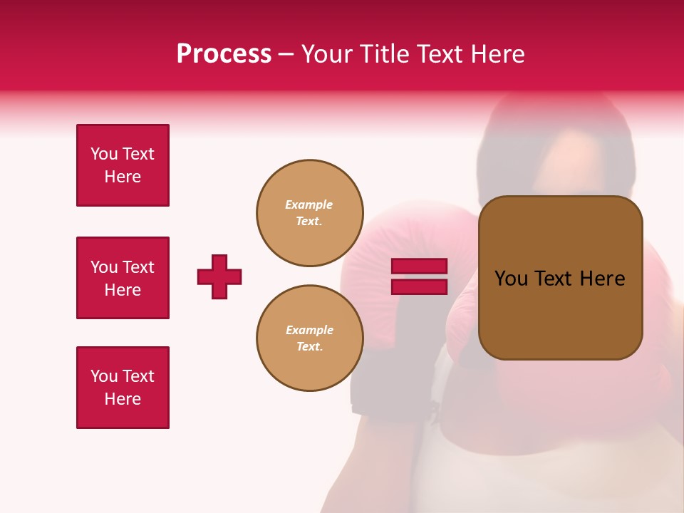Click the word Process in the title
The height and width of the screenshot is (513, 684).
(224, 54)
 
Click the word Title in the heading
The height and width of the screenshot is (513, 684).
(383, 54)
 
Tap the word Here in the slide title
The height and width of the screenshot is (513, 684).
(494, 54)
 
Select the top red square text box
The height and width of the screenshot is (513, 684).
(123, 165)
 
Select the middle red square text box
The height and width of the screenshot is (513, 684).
(123, 278)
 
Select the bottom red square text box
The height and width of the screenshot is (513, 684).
(123, 388)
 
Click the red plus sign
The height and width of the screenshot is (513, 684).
(219, 276)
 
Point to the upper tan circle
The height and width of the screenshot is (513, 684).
(309, 213)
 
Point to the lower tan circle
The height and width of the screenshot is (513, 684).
(309, 338)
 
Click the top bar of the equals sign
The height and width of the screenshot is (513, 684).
(419, 266)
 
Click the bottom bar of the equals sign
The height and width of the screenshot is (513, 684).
(419, 286)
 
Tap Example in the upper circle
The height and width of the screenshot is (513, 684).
(309, 204)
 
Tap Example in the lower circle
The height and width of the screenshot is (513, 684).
(309, 330)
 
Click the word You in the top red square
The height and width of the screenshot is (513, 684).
(104, 154)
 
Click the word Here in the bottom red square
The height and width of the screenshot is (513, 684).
(123, 399)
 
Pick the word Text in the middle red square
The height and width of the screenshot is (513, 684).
(138, 267)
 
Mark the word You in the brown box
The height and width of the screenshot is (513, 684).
(511, 279)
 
